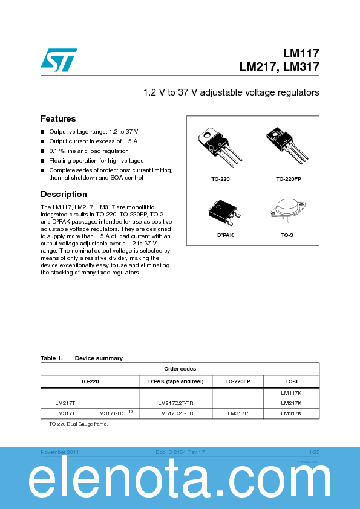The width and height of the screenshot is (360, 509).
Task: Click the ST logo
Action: pyautogui.click(x=59, y=59)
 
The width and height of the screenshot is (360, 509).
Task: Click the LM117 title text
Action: pyautogui.click(x=301, y=53)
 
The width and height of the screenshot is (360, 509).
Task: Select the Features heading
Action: pyautogui.click(x=58, y=118)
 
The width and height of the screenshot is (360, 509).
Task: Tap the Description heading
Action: pyautogui.click(x=64, y=194)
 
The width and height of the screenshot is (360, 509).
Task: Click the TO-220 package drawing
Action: pyautogui.click(x=217, y=147)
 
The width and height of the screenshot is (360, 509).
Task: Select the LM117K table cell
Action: pyautogui.click(x=290, y=392)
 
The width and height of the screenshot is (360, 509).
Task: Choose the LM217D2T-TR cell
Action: pyautogui.click(x=175, y=403)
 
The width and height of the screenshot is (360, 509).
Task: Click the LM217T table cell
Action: pyautogui.click(x=65, y=403)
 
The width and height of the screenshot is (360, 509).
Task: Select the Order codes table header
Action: pyautogui.click(x=180, y=369)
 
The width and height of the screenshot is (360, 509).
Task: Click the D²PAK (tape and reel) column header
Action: pyautogui.click(x=175, y=381)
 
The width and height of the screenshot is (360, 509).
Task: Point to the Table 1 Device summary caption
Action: pyautogui.click(x=81, y=358)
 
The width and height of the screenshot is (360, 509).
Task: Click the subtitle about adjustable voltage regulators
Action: pyautogui.click(x=231, y=92)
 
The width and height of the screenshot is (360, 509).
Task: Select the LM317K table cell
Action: pyautogui.click(x=290, y=413)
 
